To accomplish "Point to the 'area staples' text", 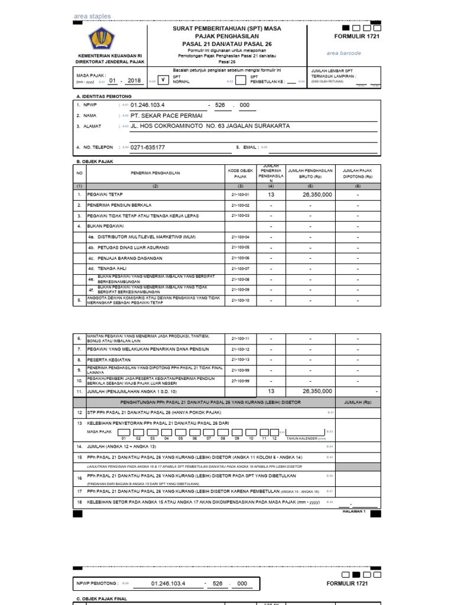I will (x=92, y=16).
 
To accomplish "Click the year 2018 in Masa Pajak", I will (x=134, y=80).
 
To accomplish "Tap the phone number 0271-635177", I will (x=147, y=147).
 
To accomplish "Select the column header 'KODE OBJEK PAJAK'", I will (x=239, y=173).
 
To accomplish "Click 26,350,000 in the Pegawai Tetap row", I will (x=317, y=194).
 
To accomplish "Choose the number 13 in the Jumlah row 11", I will (x=271, y=391).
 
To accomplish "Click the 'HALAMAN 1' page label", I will (x=355, y=510).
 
